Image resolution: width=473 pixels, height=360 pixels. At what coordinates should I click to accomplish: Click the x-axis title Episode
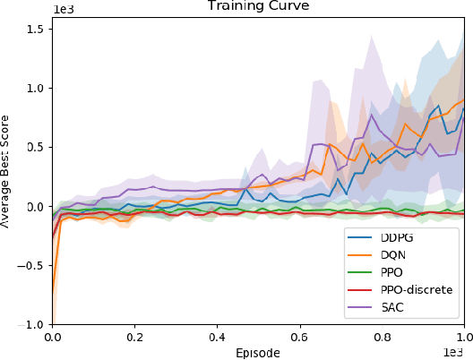[258, 353]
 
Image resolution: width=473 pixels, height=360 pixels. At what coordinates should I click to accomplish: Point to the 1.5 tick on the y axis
[34, 30]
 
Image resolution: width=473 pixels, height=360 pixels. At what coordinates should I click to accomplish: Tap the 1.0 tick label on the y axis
[34, 89]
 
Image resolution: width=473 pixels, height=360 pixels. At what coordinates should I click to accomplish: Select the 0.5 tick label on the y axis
[34, 148]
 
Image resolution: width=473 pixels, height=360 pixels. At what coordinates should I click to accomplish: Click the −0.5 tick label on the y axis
[31, 266]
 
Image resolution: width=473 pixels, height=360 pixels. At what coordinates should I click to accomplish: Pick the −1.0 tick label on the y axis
[31, 324]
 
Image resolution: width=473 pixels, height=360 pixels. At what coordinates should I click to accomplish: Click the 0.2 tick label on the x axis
[134, 339]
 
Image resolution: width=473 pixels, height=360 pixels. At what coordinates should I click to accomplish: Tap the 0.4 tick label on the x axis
[217, 339]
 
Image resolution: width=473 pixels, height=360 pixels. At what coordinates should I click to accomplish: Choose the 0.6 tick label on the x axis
[299, 339]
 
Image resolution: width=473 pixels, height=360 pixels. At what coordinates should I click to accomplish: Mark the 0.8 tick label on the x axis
[382, 339]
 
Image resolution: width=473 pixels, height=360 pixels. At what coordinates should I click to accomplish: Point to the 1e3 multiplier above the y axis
[62, 5]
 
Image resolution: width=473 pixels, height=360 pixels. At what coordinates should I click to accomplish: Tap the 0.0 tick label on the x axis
[52, 339]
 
